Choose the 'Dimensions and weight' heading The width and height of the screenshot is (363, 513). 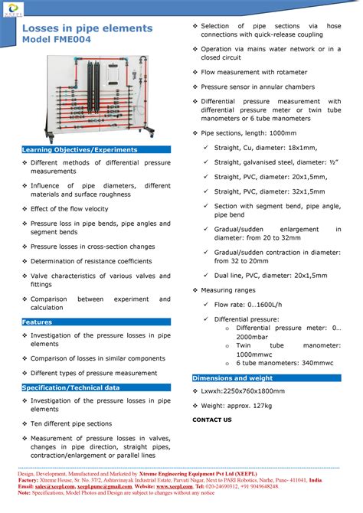point(232,378)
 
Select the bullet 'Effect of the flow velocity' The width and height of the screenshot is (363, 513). point(70,209)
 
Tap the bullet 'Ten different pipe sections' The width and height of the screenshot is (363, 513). point(71,423)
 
